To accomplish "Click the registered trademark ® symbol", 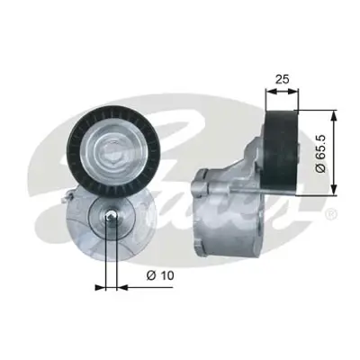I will (x=330, y=214).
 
